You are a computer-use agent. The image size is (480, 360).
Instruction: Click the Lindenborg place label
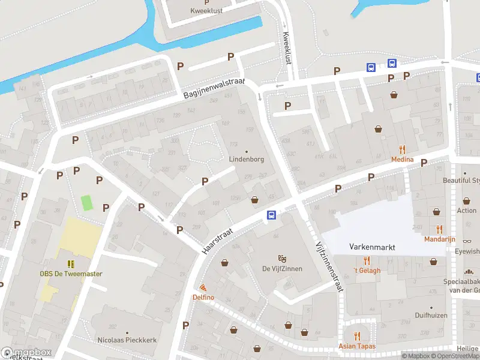click(247, 160)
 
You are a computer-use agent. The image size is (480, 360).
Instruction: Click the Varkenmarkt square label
click(372, 247)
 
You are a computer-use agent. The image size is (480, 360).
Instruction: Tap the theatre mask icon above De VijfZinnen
click(281, 258)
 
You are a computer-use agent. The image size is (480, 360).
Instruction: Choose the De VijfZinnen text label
click(282, 268)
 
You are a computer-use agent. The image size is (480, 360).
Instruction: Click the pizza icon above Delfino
click(203, 288)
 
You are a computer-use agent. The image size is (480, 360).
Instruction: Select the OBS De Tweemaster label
click(71, 274)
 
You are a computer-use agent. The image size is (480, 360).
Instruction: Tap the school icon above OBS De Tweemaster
click(71, 264)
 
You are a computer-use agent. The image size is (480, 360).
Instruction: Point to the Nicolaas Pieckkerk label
click(127, 340)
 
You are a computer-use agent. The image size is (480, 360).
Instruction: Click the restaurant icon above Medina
click(402, 149)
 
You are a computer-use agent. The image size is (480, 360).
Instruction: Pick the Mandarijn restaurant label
click(439, 239)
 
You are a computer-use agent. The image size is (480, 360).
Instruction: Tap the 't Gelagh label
click(367, 270)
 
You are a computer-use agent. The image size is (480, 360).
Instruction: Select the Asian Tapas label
click(358, 346)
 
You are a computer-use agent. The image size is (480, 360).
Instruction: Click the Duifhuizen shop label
click(432, 314)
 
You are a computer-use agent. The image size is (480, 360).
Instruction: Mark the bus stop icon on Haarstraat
click(271, 215)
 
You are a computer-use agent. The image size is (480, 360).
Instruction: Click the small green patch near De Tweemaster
click(88, 203)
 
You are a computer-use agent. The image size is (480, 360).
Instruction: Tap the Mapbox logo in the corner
click(26, 352)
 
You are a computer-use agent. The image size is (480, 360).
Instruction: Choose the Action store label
click(467, 211)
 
